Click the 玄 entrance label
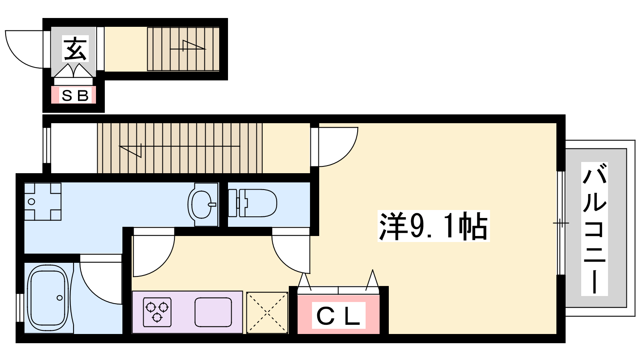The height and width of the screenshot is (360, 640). (x=75, y=48)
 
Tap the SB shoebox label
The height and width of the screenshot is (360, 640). (x=75, y=96)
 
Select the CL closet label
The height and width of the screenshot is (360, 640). (x=338, y=316)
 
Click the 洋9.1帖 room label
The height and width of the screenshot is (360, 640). (x=433, y=226)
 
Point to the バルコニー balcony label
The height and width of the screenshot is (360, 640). (x=594, y=228)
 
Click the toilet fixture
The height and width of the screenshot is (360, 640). (x=252, y=203)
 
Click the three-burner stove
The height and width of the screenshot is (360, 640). (x=157, y=312)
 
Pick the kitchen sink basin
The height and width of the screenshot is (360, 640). (x=213, y=312)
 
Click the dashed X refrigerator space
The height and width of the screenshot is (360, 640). (x=267, y=312)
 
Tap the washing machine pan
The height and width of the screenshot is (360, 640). (x=43, y=202)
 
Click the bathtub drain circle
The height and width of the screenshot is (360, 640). (x=60, y=298)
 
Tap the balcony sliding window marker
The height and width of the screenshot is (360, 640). (x=561, y=223)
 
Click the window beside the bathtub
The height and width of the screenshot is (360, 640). (x=20, y=308)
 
